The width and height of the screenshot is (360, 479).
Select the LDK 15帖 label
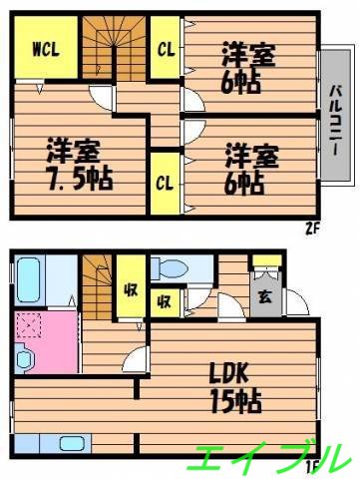(234, 388)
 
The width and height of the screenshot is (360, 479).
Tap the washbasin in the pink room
(26, 356)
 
